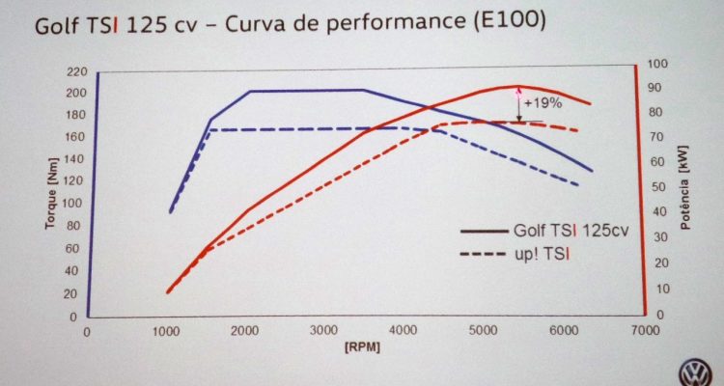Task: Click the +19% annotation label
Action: tap(543, 101)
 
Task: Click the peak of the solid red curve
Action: tap(518, 87)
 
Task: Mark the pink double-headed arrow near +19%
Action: tap(518, 104)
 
